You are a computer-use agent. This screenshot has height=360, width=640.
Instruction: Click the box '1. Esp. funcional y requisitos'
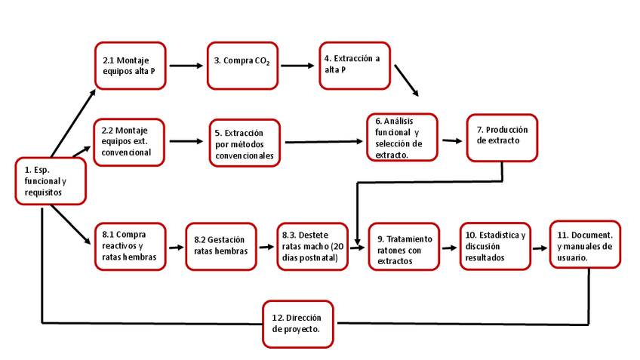click(x=51, y=181)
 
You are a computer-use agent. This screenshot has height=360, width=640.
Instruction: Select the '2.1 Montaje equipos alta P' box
click(x=130, y=66)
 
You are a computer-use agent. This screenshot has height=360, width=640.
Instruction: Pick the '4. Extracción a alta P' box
click(x=354, y=65)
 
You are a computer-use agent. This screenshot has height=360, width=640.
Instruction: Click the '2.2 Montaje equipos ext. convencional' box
click(x=130, y=141)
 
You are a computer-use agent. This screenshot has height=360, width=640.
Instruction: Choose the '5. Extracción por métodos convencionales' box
click(x=245, y=143)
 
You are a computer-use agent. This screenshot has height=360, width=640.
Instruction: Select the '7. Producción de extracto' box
click(x=503, y=137)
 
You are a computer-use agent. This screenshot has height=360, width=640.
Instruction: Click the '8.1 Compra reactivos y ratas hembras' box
click(x=130, y=246)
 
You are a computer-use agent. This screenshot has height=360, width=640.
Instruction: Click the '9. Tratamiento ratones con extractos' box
click(x=405, y=246)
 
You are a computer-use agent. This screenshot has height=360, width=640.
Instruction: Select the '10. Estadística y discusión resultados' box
click(x=495, y=246)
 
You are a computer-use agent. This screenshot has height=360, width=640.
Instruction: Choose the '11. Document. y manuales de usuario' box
click(x=585, y=243)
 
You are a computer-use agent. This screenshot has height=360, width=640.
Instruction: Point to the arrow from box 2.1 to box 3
click(x=186, y=66)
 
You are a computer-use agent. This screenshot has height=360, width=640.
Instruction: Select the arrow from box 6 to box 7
click(x=451, y=140)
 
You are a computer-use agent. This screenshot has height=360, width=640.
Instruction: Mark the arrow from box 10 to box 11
click(x=539, y=247)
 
